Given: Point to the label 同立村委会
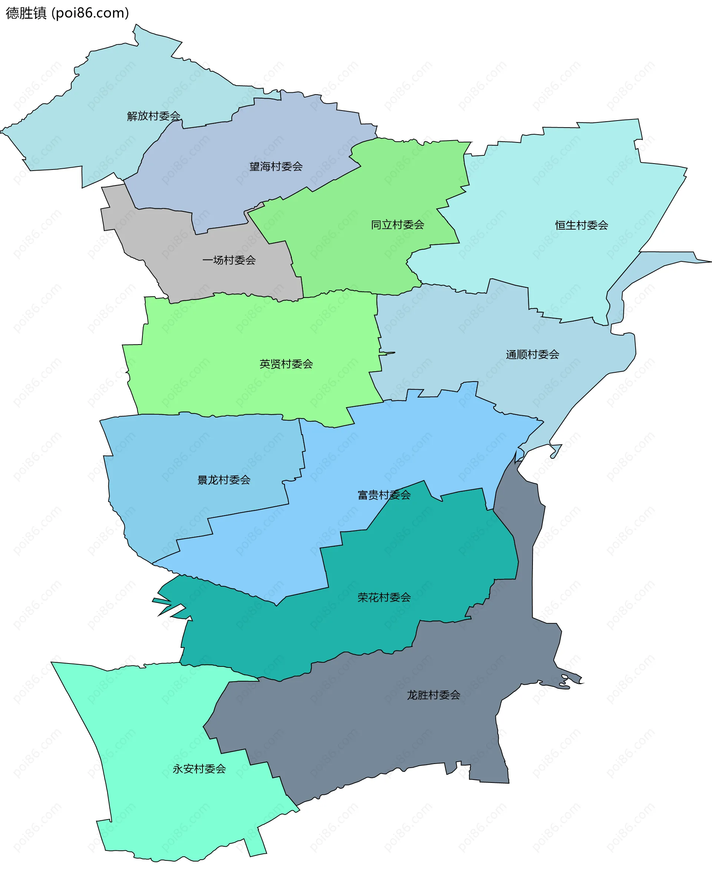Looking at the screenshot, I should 397,225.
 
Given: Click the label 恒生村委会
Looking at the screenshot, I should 581,225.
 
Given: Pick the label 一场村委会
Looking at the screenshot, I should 229,260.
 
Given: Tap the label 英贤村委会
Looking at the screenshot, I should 286,364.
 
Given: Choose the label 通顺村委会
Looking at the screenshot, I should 532,354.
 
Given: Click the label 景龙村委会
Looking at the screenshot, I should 224,480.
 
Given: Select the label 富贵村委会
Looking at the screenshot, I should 384,495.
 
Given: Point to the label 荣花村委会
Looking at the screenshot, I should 384,597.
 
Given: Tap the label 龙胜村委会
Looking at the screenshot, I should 434,695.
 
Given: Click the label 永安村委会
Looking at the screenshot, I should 199,768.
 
